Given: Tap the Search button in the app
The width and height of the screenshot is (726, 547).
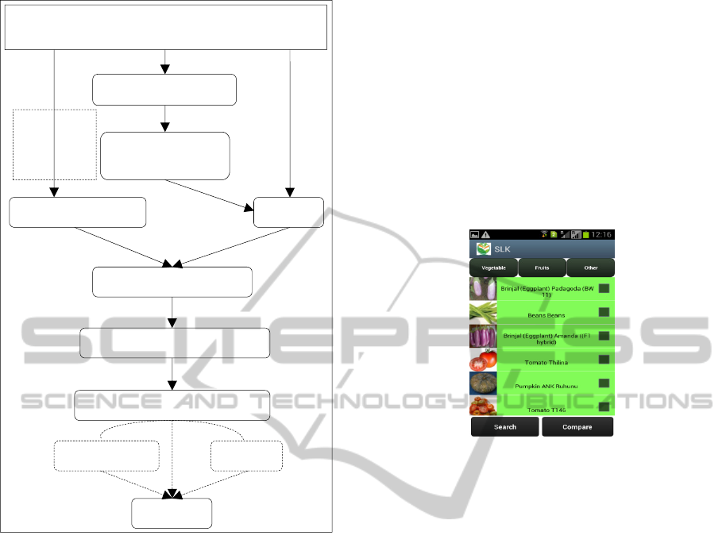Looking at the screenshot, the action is (x=505, y=427).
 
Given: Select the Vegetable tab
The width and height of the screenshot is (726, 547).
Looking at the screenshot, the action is (x=493, y=268).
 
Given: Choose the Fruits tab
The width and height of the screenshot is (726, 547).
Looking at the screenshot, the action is (x=542, y=268).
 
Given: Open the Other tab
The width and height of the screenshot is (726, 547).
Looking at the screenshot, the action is (x=590, y=268).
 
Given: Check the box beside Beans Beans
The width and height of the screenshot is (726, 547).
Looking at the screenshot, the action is (x=604, y=312).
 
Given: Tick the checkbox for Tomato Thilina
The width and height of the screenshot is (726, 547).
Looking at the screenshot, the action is (x=604, y=359).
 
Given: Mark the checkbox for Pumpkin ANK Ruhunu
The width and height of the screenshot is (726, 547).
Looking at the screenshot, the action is (x=604, y=383).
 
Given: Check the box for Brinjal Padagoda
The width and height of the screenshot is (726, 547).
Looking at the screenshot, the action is (x=604, y=288).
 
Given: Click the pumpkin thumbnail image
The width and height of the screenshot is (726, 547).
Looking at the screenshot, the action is (x=483, y=384).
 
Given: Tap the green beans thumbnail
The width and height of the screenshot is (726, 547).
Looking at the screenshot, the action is (x=483, y=312).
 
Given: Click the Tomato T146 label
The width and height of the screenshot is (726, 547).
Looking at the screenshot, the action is (x=546, y=410).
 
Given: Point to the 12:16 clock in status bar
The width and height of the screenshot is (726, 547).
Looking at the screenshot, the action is (x=600, y=235).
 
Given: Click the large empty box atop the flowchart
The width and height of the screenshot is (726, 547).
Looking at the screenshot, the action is (x=167, y=27).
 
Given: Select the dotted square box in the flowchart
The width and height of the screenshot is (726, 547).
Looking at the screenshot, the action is (x=55, y=144).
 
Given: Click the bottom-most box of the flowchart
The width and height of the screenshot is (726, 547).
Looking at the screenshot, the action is (x=172, y=513).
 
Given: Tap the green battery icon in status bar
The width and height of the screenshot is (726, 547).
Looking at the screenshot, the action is (x=586, y=235).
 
